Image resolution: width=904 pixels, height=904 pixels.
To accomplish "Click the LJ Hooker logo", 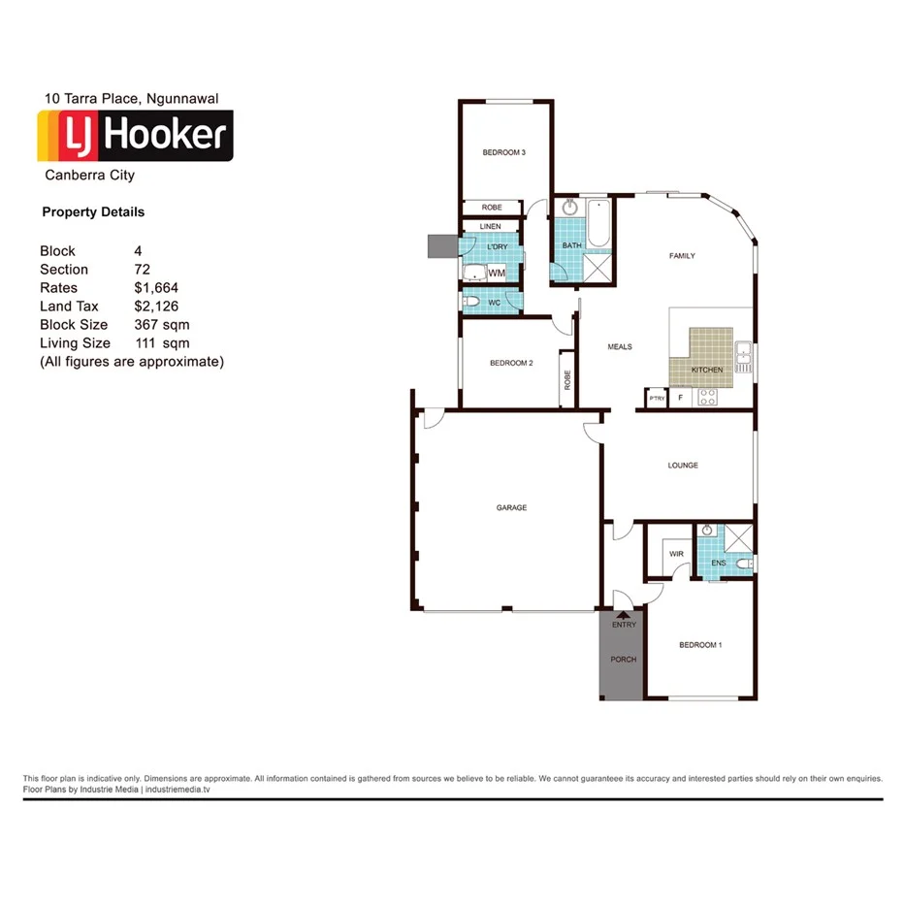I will coord(135,136).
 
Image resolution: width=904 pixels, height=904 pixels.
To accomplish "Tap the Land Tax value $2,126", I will coord(156,307).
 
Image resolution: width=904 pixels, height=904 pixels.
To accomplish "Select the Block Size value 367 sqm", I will coord(162,325).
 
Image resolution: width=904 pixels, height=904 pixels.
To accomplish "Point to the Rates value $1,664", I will coord(156,288).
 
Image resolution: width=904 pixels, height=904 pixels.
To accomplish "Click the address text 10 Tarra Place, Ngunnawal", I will coord(131,98).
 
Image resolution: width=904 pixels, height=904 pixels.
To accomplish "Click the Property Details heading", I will coord(93,212).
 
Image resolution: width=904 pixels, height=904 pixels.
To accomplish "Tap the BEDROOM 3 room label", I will coord(503,152).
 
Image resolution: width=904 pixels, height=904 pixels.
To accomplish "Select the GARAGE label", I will coord(511,507).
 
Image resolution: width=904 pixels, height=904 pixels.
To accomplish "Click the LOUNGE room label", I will coord(682,466).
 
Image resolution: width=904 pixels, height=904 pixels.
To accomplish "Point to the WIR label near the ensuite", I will coord(676,554).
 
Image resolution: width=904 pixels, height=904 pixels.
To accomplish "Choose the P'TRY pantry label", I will coord(657,399).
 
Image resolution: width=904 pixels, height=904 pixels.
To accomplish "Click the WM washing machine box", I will coord(497,274).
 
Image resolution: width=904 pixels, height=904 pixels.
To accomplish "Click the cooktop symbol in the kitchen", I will coord(707,398).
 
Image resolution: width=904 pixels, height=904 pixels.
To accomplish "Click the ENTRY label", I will coord(624,625).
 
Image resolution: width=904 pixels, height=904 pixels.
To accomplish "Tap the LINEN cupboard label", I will coord(490,227).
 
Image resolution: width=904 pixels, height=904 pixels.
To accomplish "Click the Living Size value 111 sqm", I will coord(162,343).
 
